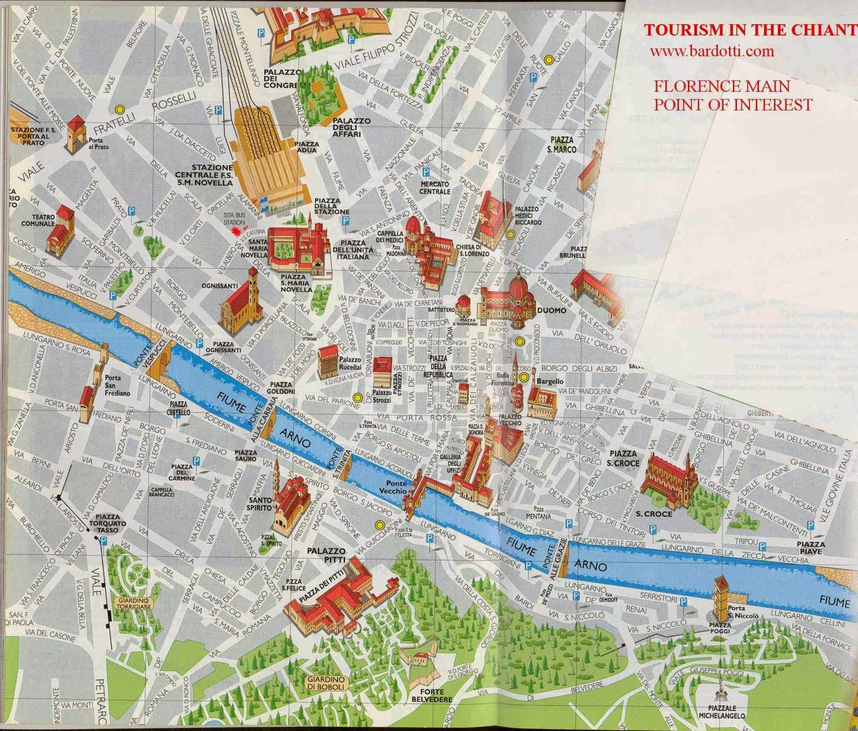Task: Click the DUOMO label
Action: [551, 311]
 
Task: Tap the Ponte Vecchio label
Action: [393, 487]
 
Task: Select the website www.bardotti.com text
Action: [712, 51]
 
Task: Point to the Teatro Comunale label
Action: [38, 220]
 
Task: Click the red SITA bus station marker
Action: [235, 231]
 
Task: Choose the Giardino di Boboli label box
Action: [326, 683]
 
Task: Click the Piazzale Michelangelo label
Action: [721, 712]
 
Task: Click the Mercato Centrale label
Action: [435, 188]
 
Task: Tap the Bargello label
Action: [550, 381]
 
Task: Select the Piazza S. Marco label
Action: [561, 145]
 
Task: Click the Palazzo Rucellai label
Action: [350, 363]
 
